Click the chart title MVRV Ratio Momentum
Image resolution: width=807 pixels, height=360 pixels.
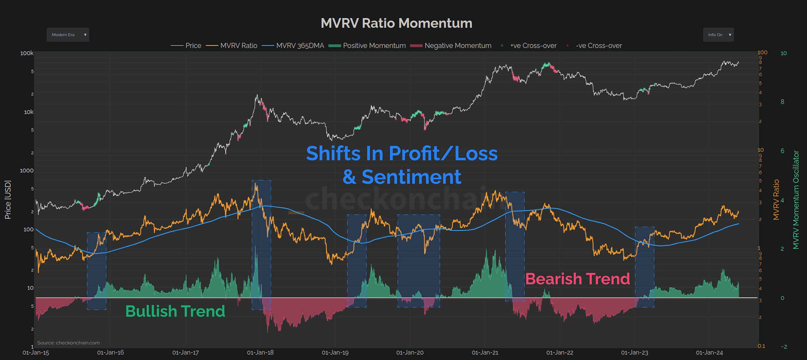(x=396, y=23)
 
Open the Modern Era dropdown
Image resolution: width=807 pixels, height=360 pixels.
(x=68, y=35)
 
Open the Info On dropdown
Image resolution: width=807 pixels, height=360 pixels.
(x=718, y=35)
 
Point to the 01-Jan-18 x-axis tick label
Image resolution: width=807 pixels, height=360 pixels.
(x=260, y=353)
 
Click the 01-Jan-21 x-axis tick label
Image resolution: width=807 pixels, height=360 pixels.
(x=485, y=353)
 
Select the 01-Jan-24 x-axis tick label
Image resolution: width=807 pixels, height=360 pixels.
(x=709, y=353)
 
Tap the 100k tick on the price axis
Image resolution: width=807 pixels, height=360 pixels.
(x=27, y=53)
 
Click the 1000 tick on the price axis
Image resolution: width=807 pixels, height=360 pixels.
(x=27, y=171)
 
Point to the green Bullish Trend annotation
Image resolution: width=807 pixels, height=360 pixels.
(x=175, y=311)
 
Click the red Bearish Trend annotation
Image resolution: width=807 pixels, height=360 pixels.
(x=577, y=279)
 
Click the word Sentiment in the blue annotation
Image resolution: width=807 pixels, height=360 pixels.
(x=411, y=177)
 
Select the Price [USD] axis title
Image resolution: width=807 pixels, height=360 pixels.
(x=8, y=200)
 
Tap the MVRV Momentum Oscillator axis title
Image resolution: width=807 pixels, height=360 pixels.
(x=796, y=200)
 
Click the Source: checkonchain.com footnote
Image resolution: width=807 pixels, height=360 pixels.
(x=68, y=343)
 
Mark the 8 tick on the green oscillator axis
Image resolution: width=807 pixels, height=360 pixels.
(x=782, y=102)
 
